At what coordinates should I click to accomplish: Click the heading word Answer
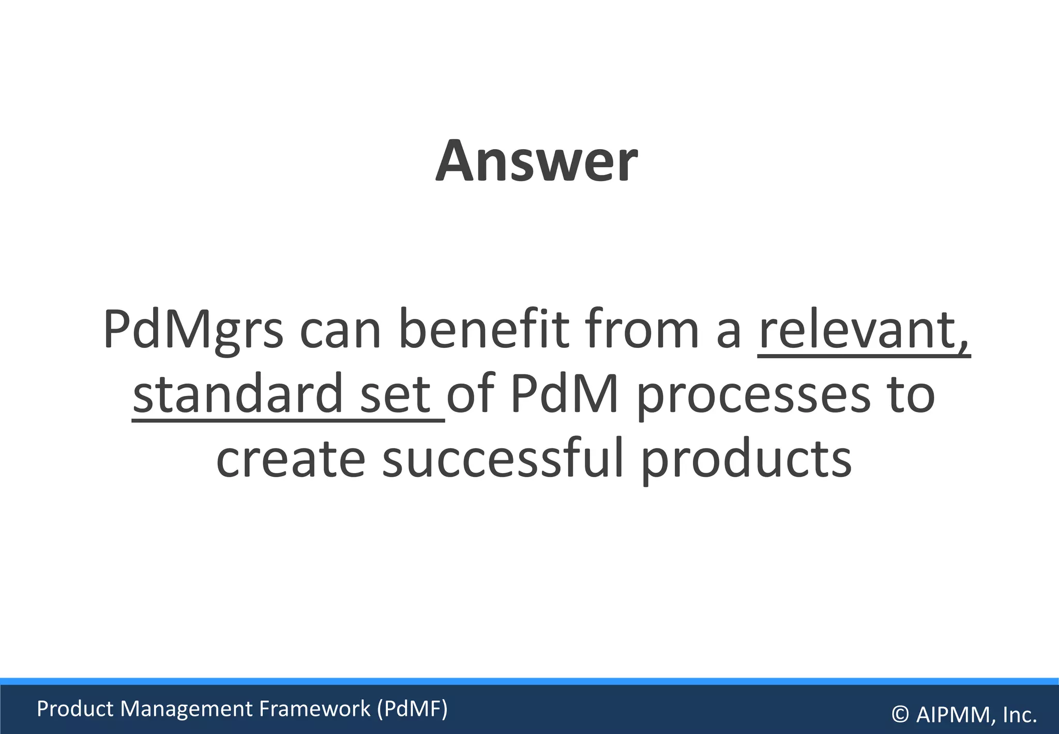click(536, 162)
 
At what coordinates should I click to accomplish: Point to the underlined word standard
click(238, 394)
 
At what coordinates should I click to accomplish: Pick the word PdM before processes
click(564, 394)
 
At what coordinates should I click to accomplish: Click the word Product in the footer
click(75, 709)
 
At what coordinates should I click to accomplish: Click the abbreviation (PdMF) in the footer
click(412, 709)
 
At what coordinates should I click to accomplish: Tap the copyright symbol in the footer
click(900, 715)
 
